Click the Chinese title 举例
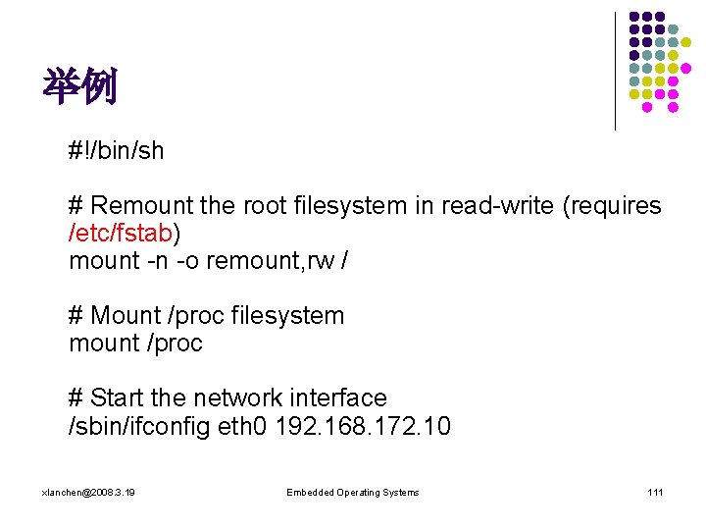79,87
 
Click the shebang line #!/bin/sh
116,150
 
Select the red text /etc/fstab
122,234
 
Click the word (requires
614,206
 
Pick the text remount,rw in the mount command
259,260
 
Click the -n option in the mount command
157,260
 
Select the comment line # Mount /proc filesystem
206,316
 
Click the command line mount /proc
135,344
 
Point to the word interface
338,397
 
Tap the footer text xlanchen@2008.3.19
89,492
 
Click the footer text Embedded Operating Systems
352,492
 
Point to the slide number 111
655,492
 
